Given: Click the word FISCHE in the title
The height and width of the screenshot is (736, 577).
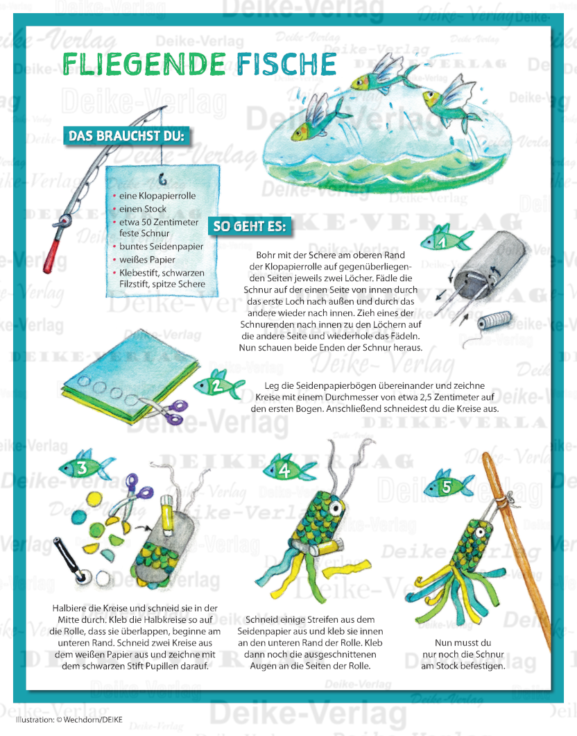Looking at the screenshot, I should click(286, 64).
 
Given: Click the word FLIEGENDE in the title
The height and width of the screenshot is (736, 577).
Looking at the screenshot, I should click(144, 64).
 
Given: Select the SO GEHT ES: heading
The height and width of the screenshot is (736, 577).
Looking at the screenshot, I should click(247, 226).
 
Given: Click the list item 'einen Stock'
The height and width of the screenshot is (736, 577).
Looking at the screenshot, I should click(142, 208).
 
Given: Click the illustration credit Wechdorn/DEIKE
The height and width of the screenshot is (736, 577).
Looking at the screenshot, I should click(63, 719).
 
